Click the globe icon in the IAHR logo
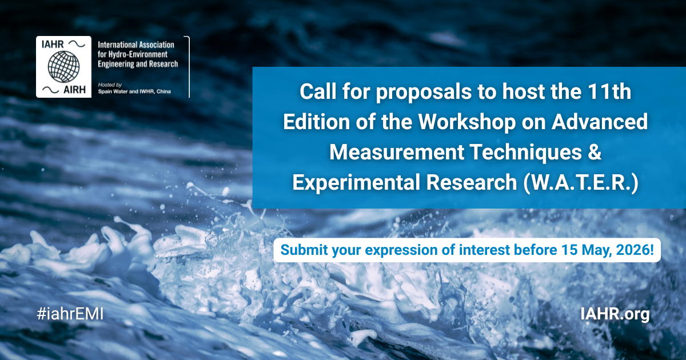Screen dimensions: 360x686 (x=63, y=66)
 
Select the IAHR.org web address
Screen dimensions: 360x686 (x=615, y=314)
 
